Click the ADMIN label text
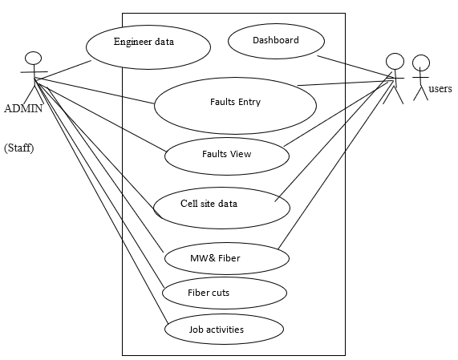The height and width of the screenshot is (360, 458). pos(23,108)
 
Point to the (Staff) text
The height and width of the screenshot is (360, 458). pos(19,148)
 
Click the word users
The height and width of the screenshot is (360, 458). pos(440,88)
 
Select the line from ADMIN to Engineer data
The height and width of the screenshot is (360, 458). pos(63,70)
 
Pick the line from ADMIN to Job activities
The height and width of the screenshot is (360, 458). pos(101,201)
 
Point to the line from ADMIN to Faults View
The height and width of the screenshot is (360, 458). pos(100,115)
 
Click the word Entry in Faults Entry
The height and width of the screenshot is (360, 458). pos(249,102)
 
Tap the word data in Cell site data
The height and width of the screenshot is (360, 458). pos(228,204)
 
